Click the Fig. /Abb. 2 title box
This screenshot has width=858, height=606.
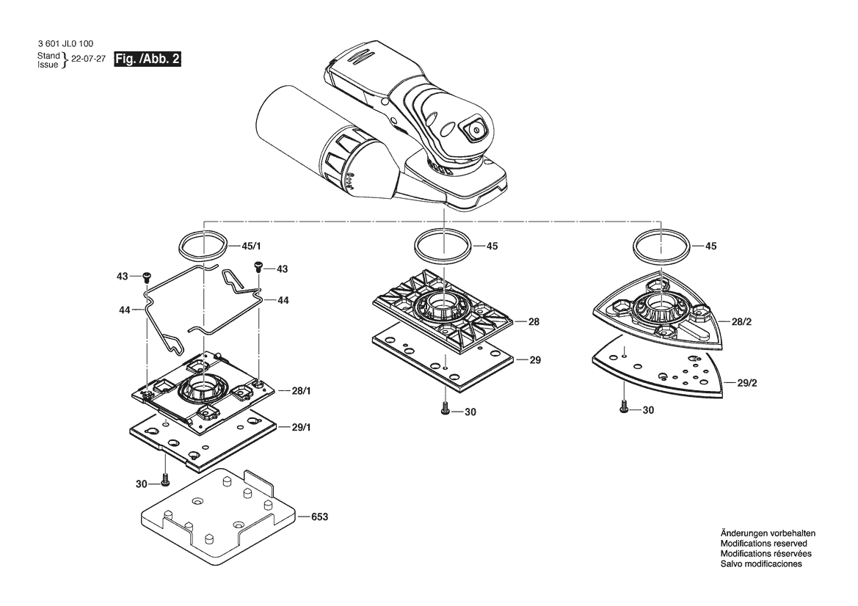coord(148,59)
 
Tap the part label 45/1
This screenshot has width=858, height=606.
coord(251,247)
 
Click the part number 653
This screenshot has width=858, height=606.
coord(319,516)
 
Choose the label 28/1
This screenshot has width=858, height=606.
coord(301,391)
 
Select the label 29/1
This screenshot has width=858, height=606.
coord(301,427)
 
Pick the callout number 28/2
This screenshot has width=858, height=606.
coord(742,321)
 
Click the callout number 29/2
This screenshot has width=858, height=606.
coord(747,383)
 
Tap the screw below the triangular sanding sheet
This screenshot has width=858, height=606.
coord(624,406)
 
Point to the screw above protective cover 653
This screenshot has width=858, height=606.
coord(164,481)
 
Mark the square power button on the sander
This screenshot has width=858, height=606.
coord(474,130)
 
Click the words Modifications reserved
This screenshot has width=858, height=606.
coord(764,544)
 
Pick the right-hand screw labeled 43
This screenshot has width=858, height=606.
coord(258,266)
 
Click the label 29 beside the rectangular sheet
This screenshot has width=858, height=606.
coord(535,360)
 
